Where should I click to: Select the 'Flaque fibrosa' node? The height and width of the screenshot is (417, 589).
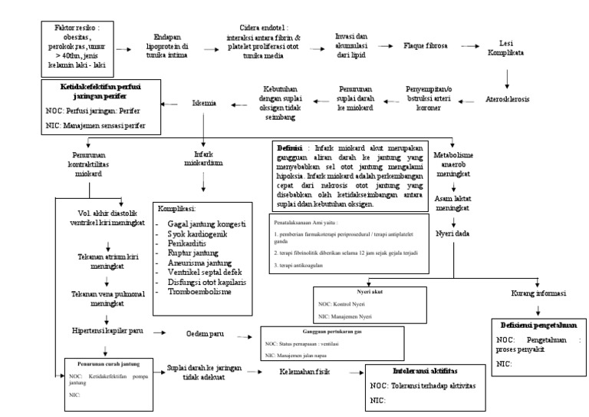[430, 46]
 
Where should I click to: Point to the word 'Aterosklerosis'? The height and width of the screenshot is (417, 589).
[508, 99]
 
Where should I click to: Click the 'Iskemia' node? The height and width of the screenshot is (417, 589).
[203, 101]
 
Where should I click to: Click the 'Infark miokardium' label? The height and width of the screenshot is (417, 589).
[204, 158]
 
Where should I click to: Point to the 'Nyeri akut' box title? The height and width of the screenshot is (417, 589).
[376, 293]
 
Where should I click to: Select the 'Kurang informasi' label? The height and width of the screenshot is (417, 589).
[538, 293]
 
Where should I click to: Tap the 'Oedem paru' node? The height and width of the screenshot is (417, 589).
[207, 334]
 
